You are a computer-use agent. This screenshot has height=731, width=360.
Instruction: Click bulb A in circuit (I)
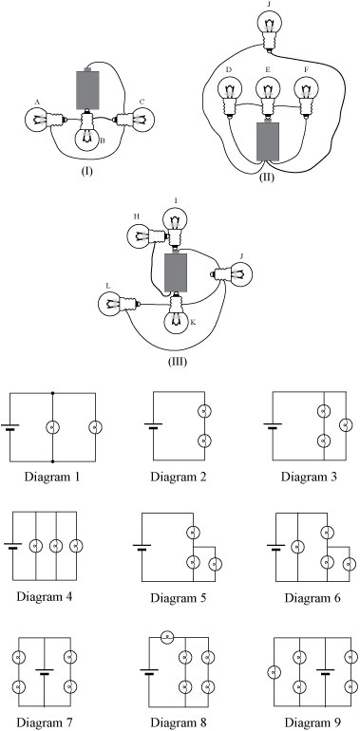pyautogui.click(x=37, y=121)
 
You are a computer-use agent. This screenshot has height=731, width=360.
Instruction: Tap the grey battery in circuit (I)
pyautogui.click(x=87, y=89)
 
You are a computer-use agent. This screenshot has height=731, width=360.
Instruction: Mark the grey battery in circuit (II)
pyautogui.click(x=270, y=143)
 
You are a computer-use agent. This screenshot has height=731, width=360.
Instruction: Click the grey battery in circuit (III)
pyautogui.click(x=176, y=272)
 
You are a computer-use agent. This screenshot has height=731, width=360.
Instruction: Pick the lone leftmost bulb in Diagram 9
pyautogui.click(x=273, y=673)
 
